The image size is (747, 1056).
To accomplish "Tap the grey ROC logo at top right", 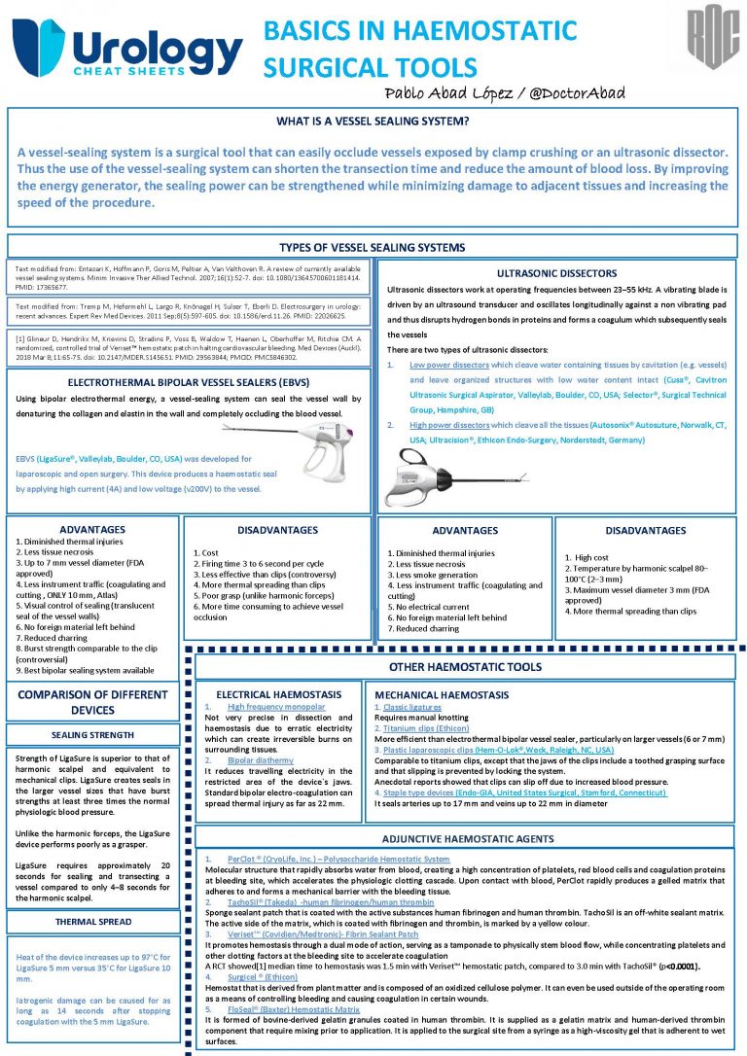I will pos(713,39).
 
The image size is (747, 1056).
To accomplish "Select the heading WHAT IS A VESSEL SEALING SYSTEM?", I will pos(373,123).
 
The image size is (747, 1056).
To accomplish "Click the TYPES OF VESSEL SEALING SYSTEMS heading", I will pos(373,247).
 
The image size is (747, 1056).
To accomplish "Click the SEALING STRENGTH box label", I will pos(92,735).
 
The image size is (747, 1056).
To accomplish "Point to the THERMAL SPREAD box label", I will pos(92,921).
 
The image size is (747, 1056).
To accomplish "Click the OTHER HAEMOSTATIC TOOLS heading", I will pos(464,667).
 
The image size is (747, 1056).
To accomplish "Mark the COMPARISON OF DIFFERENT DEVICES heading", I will pos(92,702).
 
